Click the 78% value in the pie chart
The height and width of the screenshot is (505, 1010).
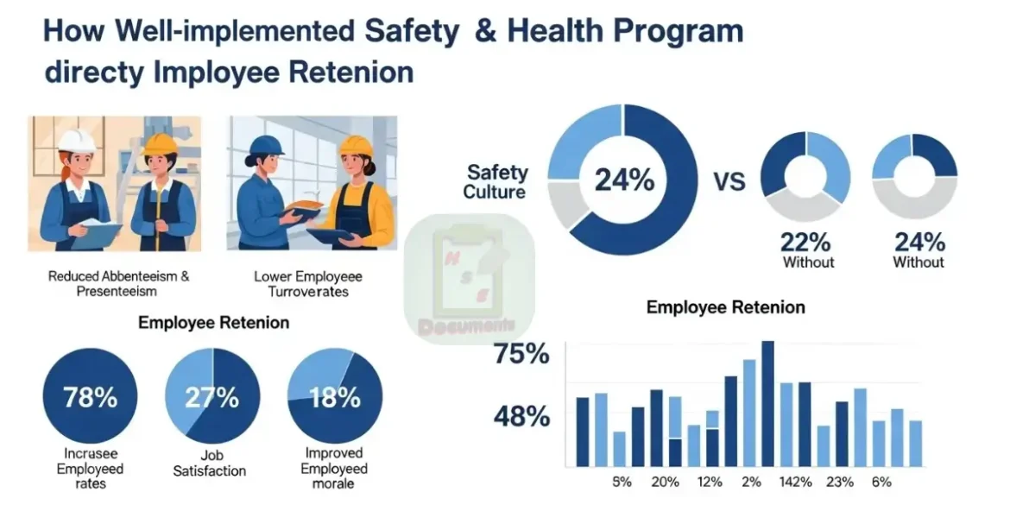coord(90,398)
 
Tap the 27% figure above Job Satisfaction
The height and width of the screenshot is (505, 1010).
coord(211,398)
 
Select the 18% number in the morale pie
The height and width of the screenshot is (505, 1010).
coord(334,398)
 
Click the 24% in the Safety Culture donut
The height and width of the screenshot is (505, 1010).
coord(623,181)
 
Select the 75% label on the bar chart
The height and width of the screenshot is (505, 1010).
coord(521,354)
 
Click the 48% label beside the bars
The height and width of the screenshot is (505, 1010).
coord(521,417)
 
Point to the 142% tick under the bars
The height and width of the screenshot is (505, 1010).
coord(794,482)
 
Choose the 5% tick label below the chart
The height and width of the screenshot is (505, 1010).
coord(622,482)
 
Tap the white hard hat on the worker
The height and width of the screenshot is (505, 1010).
coord(76,140)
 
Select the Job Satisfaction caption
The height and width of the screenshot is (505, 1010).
coord(210,463)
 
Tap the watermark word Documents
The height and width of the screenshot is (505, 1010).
coord(465,326)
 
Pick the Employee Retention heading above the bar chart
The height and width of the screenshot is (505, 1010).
coord(725,307)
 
